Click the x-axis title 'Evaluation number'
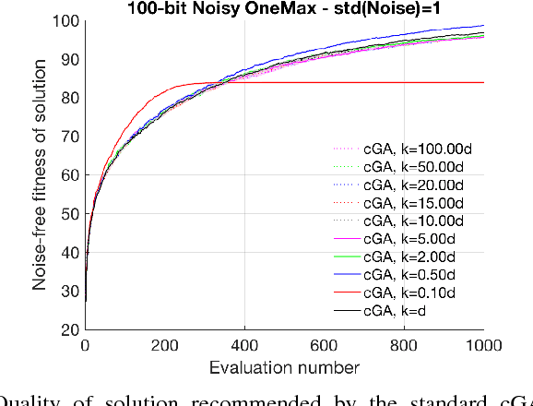284,367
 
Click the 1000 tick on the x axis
484,344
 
